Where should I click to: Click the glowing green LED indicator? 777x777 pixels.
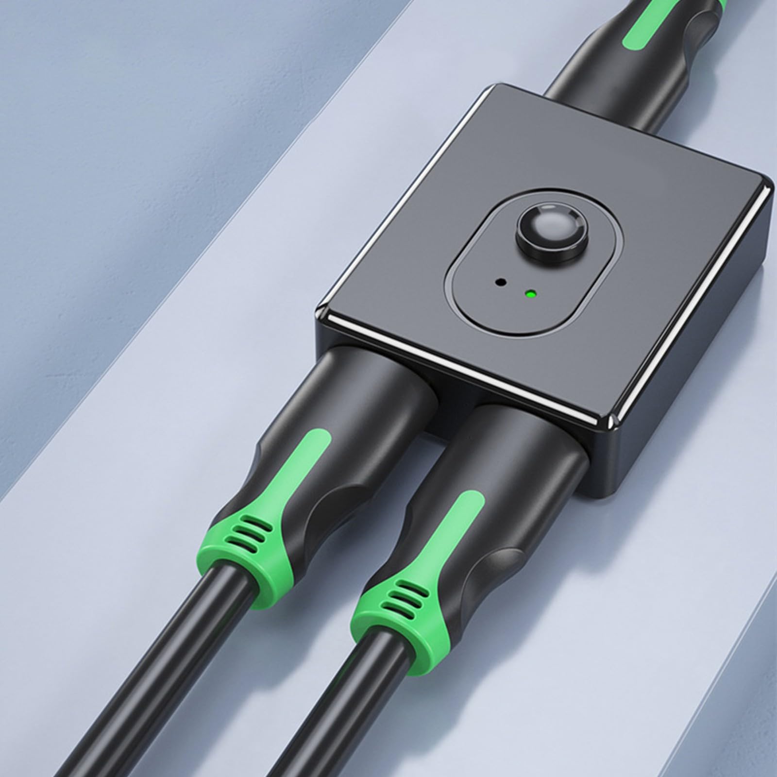click(530, 294)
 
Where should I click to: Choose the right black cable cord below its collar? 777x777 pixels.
click(311, 728)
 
